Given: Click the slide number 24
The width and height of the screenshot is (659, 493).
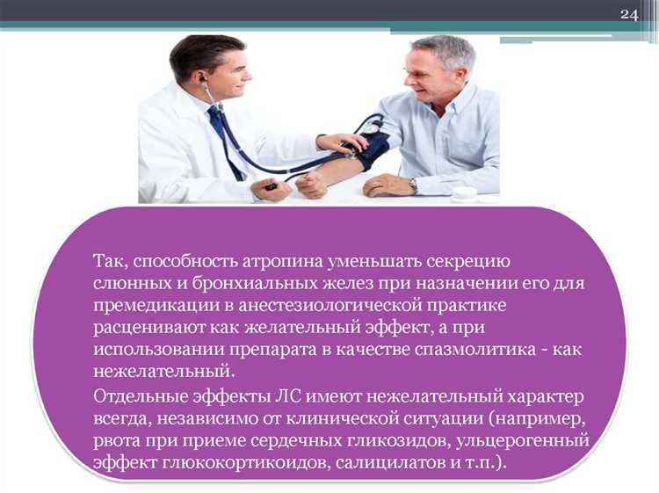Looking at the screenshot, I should (x=628, y=14).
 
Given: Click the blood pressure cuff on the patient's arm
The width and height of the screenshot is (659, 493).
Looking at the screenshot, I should (x=370, y=150).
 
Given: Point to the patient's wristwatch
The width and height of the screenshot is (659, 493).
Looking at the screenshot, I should (x=413, y=185).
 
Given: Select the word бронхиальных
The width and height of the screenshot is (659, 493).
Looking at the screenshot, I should (x=237, y=284).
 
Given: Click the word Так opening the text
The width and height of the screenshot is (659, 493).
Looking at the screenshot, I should (x=112, y=262).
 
